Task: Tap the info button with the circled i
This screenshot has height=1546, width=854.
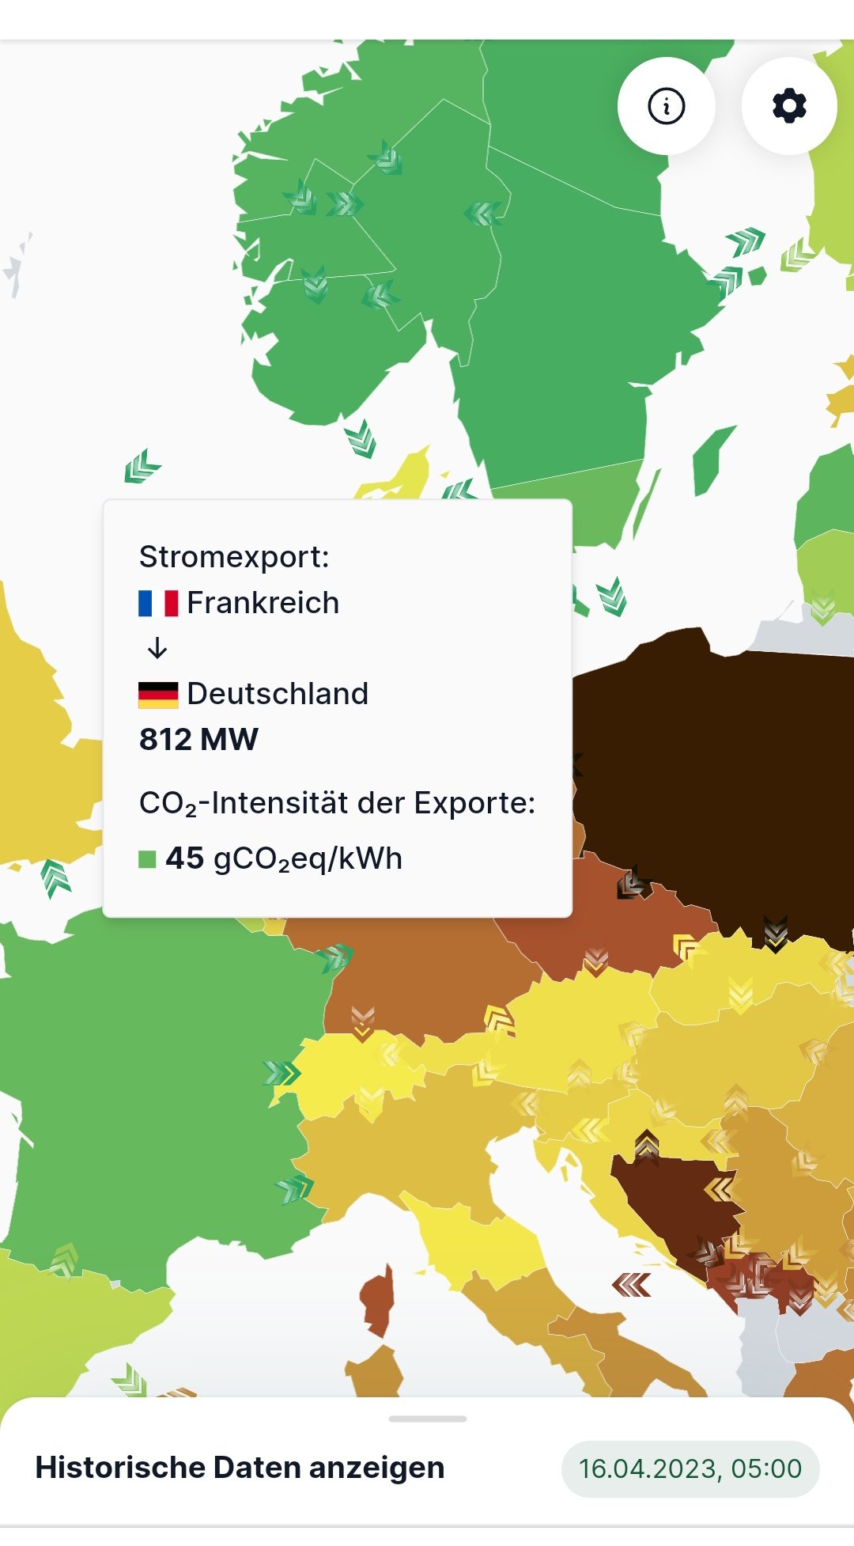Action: point(666,106)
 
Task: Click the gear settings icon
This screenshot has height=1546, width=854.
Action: point(788,106)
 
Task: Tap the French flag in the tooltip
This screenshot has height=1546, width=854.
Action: point(158,603)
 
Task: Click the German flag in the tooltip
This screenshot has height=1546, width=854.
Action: point(158,694)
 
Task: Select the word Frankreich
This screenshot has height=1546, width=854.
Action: point(263,603)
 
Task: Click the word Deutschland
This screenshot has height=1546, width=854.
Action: point(278,694)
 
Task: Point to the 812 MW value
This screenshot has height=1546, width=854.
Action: point(198,740)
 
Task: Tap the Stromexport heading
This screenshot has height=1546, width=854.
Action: point(234,557)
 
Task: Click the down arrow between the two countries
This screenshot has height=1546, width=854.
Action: point(157,649)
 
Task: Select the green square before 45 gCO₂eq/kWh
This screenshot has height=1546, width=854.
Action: point(147,859)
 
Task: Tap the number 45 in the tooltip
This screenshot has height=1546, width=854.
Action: point(185,858)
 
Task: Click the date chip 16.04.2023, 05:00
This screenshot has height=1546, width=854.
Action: point(690,1468)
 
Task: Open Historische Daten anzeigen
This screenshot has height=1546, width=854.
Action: point(240,1468)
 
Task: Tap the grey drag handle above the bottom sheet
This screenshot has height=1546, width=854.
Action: point(427,1419)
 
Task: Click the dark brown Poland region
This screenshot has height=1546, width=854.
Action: point(712,775)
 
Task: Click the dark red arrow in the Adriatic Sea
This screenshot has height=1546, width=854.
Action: point(631,1285)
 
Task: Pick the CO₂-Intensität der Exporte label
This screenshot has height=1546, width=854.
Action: point(337,803)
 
